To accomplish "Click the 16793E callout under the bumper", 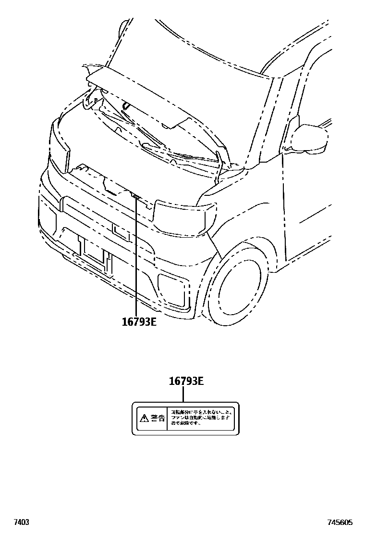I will [139, 322].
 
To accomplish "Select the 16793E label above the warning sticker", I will [186, 382].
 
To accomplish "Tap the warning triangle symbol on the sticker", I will [144, 418].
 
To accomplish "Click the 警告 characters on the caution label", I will [158, 418].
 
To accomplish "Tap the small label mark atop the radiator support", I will [135, 196].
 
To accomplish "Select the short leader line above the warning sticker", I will [183, 395].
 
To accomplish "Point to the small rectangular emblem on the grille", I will [122, 231].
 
